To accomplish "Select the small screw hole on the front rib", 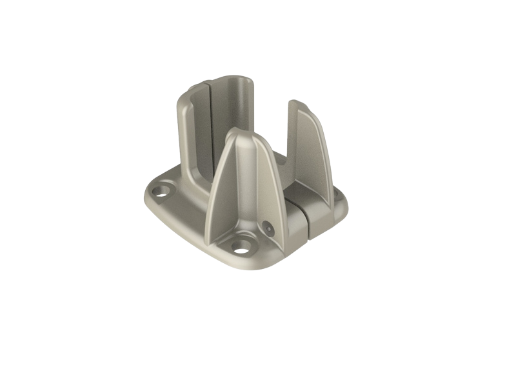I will coord(266,226).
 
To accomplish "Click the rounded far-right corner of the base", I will coord(343,205).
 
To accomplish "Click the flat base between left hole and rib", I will coord(187,206).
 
